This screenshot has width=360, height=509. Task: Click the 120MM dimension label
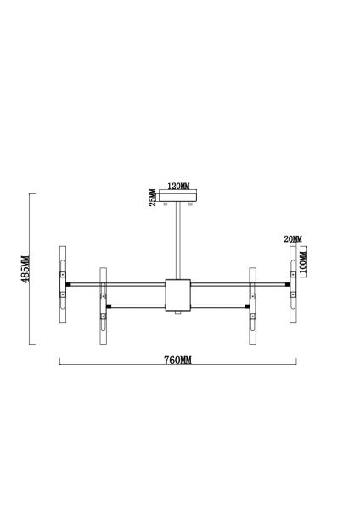point(178,186)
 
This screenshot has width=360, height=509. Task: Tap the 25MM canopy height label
point(153,197)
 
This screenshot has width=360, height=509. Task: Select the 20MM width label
point(293,240)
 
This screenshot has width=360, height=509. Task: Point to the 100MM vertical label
point(304,263)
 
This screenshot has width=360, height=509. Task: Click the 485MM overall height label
point(25,270)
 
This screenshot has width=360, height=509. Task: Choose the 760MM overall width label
point(177,360)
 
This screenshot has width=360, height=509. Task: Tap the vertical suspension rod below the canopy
point(178,242)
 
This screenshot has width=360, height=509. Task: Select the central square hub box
point(178,294)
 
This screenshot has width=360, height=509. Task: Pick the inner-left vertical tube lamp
point(103,306)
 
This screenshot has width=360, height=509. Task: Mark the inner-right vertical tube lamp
point(252,306)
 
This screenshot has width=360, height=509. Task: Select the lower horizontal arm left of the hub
point(136,305)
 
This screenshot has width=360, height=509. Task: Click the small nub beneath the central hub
point(178,314)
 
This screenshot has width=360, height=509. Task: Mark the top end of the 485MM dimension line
point(31,195)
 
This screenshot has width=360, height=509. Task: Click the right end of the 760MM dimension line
point(295,363)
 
